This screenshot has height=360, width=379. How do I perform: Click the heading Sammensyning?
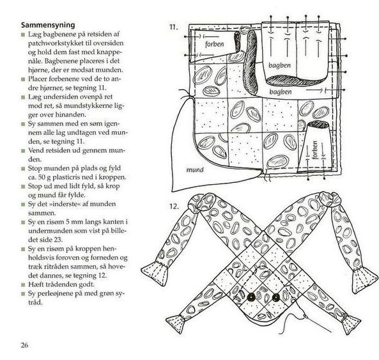click(48, 25)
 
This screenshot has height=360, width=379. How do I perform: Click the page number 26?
click(24, 345)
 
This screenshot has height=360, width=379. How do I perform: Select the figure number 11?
click(174, 27)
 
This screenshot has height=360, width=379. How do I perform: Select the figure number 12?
click(174, 207)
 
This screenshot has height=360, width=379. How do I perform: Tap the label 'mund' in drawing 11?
click(195, 169)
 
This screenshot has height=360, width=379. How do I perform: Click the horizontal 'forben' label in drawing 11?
click(215, 44)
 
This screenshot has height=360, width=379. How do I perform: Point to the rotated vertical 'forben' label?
click(314, 150)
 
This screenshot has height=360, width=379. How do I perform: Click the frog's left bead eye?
click(251, 297)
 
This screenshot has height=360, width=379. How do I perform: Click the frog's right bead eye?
click(276, 297)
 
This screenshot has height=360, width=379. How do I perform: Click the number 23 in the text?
click(59, 240)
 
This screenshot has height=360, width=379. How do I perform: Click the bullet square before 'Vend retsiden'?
click(23, 151)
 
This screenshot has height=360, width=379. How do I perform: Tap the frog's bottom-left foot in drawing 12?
click(175, 324)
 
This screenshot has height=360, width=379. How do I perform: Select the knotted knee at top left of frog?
click(199, 202)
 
